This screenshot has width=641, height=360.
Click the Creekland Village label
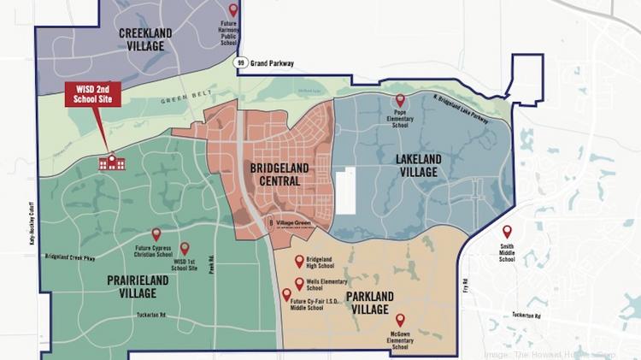tap(143, 38)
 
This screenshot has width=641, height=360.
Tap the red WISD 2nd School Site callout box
tap(93, 95)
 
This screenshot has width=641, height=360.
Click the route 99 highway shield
tap(243, 62)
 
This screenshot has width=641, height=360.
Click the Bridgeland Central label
tap(279, 174)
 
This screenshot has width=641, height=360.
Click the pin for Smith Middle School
tap(507, 231)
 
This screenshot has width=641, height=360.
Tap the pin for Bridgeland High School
tap(299, 262)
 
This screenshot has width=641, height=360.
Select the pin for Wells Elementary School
tap(299, 283)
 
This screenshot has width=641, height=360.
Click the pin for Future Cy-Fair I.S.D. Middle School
tap(286, 295)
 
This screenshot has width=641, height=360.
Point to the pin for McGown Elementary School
tap(400, 320)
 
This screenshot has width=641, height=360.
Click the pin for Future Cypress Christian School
tap(156, 233)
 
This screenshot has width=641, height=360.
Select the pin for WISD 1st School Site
tap(185, 248)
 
